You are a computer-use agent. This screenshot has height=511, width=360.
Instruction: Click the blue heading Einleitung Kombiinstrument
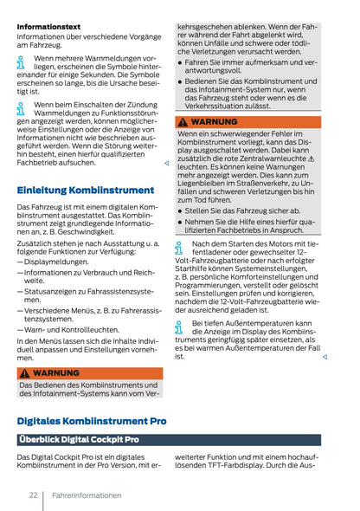pos(86,190)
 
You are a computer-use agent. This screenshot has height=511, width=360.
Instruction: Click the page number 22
pos(32,495)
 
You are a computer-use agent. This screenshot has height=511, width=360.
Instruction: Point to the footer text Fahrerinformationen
pos(86,495)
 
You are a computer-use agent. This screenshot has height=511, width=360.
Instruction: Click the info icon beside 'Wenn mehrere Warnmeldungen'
pos(22,62)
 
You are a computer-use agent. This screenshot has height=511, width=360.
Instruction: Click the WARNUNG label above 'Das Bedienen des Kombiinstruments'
pos(55,373)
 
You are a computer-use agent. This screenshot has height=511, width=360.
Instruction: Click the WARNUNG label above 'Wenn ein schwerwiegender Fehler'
pos(214,122)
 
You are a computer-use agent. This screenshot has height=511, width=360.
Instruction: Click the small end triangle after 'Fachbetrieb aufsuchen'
pos(165,163)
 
